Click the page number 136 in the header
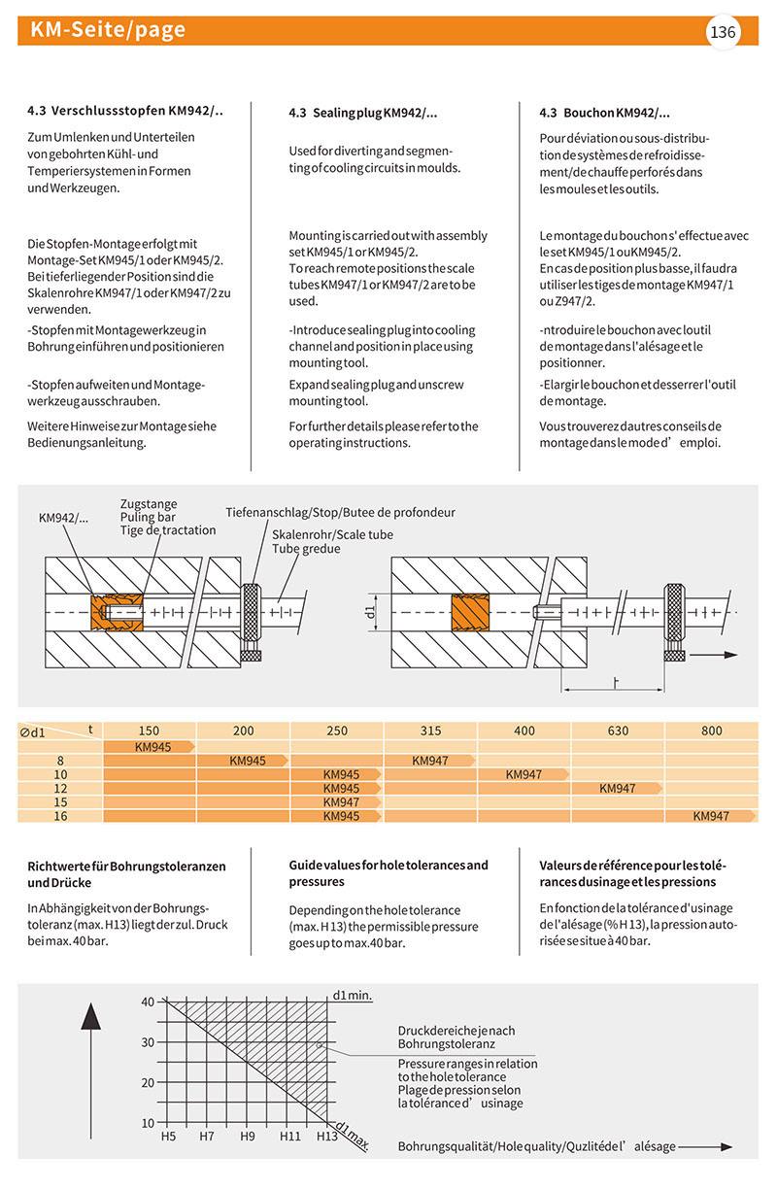[724, 33]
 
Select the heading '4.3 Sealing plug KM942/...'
[363, 114]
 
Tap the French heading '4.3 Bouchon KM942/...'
[604, 114]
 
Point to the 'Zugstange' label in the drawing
[149, 504]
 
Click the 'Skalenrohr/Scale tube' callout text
[332, 535]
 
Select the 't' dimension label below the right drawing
[616, 681]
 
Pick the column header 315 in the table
[430, 731]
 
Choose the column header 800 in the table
[711, 731]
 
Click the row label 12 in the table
[60, 789]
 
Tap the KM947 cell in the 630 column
[617, 789]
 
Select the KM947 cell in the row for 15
[340, 802]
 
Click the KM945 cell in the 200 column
[248, 761]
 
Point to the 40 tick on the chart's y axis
[148, 1002]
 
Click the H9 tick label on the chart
[247, 1136]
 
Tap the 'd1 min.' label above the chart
[353, 995]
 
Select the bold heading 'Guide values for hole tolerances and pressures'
[388, 873]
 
